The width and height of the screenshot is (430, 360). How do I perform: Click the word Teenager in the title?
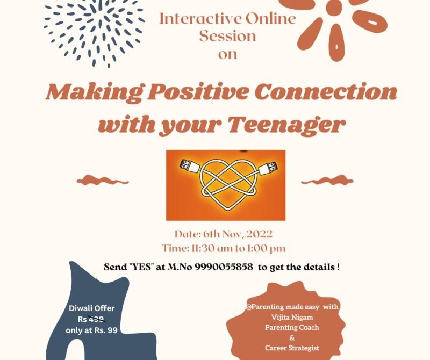pos(286,125)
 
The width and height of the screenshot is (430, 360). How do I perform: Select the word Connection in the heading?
pos(326,92)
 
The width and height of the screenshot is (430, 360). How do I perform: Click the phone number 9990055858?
pos(224,267)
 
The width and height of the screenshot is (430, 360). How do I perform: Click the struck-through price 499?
pos(96,319)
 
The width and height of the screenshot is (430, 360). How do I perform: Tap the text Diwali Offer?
pos(91,308)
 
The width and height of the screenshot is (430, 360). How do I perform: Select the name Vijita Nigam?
pos(292,318)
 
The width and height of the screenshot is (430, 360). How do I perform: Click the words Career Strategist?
pos(292,348)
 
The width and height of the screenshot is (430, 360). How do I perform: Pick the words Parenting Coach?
pos(292,327)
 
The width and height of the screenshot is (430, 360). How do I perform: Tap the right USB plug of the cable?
pos(267,167)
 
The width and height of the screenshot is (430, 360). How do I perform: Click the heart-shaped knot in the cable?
pos(229,185)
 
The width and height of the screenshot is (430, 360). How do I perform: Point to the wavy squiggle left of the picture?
pos(103,181)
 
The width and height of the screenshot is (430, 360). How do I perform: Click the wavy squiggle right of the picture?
pos(327,181)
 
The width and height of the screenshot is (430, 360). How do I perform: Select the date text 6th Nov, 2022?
pos(238,234)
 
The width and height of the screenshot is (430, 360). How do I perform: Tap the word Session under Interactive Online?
pos(227,36)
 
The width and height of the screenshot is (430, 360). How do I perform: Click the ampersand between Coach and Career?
pos(292,338)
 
